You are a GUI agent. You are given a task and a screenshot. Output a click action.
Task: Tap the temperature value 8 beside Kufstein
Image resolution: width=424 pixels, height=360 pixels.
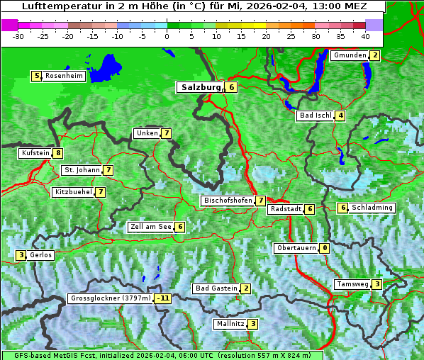[x=57, y=153]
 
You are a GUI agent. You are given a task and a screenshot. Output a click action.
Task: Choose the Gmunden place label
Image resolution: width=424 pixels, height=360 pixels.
[x=350, y=55]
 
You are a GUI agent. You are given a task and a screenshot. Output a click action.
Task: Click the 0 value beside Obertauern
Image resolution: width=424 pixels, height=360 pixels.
[x=324, y=248]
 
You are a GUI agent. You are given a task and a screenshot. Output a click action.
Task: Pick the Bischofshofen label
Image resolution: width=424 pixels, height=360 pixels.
[x=228, y=201]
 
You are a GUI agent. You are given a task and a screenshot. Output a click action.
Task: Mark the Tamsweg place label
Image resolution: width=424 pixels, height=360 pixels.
[x=352, y=284]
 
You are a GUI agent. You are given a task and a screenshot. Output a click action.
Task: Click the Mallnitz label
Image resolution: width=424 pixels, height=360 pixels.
[x=230, y=324]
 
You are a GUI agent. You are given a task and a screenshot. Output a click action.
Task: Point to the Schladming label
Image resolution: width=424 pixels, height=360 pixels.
[x=372, y=208]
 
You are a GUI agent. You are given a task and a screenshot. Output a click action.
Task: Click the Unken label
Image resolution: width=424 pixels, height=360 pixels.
[x=147, y=133]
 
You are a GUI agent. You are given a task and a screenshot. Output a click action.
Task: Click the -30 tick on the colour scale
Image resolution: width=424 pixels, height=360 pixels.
[x=19, y=35]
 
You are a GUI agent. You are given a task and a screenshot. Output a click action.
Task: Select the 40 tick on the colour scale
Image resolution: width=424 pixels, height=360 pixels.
[x=365, y=35]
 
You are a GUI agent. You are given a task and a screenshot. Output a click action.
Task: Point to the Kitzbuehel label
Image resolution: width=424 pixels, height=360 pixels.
[x=73, y=192]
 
